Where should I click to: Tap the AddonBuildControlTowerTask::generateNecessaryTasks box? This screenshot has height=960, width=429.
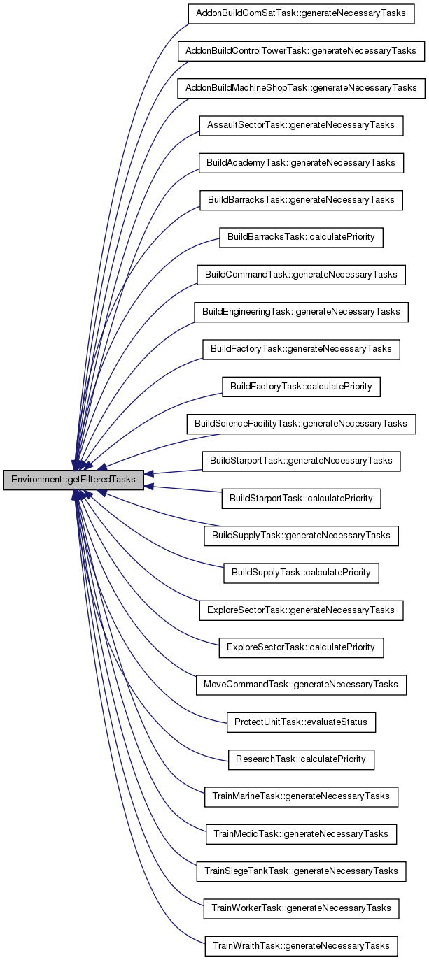[301, 51]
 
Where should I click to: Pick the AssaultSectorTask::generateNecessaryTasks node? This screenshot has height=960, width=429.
[301, 125]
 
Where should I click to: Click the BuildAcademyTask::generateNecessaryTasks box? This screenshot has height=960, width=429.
[301, 163]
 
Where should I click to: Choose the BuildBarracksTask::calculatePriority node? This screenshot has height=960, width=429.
[301, 237]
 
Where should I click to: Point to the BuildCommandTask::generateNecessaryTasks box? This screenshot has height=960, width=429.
[301, 275]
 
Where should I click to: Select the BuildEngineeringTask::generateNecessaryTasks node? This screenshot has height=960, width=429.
[301, 312]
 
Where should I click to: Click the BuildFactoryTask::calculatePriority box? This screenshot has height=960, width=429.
[301, 386]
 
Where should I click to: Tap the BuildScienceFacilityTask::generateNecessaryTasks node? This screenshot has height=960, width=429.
[301, 424]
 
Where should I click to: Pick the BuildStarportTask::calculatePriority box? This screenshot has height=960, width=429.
[301, 498]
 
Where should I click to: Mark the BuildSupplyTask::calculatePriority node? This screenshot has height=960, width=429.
[301, 573]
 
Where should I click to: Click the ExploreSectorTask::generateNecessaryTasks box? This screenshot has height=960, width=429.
[301, 610]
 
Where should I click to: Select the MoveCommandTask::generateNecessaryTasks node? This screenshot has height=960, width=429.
[301, 684]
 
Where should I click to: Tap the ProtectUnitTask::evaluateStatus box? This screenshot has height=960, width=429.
[301, 722]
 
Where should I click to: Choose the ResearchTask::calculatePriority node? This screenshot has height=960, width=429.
[301, 759]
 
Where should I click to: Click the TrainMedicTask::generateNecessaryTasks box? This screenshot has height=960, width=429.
[301, 833]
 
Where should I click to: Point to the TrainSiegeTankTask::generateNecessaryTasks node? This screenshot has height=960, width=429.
[301, 871]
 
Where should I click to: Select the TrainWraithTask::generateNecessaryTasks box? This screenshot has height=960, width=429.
[301, 945]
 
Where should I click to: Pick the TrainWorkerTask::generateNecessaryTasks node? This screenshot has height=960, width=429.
[301, 908]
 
